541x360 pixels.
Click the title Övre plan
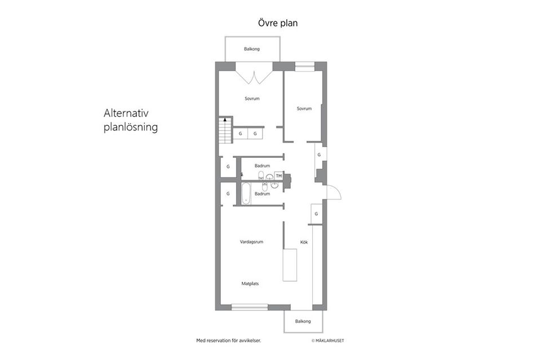point(278,23)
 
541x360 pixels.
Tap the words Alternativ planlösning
point(131,120)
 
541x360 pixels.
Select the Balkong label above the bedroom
point(252,49)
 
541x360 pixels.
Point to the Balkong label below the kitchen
point(303,321)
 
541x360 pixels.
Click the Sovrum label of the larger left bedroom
point(252,99)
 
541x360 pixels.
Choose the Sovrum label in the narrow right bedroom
point(304,109)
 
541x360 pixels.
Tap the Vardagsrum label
point(251,242)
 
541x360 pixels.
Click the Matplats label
point(250,284)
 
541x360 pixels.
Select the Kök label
point(304,242)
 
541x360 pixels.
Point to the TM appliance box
point(279,176)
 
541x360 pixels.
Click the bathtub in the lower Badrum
point(246,193)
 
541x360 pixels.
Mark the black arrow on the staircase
point(225,119)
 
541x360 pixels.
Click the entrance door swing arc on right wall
point(337,189)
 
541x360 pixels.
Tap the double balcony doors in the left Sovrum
point(254,77)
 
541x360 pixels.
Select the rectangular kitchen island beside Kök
point(290,265)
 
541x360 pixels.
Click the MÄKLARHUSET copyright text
point(328,341)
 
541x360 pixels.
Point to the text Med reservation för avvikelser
point(229,341)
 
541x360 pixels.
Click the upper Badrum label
point(262,166)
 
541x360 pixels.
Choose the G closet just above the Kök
point(316,214)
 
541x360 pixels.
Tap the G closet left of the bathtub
point(228,194)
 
